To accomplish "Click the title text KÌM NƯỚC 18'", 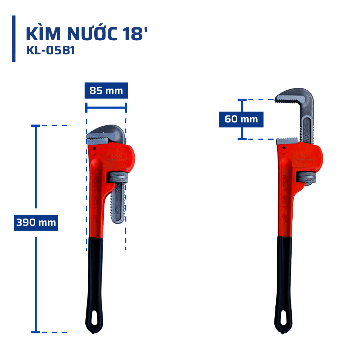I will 87,34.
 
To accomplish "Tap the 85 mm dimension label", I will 106,91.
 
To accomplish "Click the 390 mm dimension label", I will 36,222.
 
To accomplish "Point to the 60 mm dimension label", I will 241,119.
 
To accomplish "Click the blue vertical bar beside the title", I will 14,39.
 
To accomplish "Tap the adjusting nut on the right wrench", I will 306,177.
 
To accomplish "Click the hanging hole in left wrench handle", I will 94,319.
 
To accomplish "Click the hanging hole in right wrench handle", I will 284,319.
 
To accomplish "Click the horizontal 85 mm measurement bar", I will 106,107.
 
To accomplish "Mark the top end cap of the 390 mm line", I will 36,126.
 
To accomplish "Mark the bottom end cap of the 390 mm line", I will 36,332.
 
